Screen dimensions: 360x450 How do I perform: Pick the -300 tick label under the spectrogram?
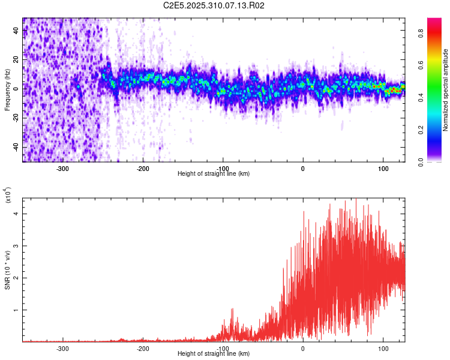pyautogui.click(x=62, y=168)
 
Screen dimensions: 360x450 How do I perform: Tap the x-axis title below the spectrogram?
pyautogui.click(x=214, y=173)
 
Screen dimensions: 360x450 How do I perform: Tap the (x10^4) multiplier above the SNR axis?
pyautogui.click(x=8, y=195)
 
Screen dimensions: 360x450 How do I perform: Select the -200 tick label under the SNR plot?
pyautogui.click(x=143, y=348)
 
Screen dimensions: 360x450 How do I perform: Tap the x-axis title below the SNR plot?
pyautogui.click(x=214, y=354)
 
